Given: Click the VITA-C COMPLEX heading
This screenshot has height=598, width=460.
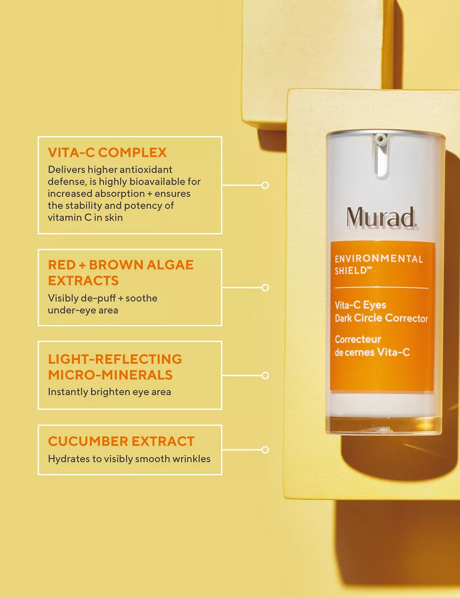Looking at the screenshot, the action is [107, 153].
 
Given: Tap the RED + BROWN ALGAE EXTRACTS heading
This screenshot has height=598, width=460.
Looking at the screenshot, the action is [120, 273].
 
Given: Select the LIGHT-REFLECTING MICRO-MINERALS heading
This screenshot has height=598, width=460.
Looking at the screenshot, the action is [115, 367].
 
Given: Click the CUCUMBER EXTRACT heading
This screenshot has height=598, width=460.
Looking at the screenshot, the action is [121, 441].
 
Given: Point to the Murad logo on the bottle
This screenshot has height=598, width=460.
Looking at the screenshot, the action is [381, 217].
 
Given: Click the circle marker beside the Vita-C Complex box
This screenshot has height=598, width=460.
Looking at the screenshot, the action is [265, 185].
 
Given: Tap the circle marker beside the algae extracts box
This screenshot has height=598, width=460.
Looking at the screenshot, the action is [265, 288].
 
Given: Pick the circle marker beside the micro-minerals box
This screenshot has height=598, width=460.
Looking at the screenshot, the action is [265, 376].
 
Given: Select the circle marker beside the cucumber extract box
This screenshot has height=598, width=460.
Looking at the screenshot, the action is [265, 450].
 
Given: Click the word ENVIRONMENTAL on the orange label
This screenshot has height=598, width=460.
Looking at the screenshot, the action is [379, 259].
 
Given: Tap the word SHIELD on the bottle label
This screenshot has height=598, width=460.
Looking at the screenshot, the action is [351, 271].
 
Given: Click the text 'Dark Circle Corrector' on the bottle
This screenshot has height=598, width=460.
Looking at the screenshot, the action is [381, 318].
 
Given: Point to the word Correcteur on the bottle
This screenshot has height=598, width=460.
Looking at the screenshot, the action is [358, 339].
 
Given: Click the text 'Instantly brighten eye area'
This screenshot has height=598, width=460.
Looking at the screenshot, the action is [109, 392].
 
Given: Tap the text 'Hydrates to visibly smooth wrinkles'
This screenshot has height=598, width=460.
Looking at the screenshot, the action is [129, 459].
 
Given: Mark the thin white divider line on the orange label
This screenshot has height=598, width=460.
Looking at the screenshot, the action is [381, 288].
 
